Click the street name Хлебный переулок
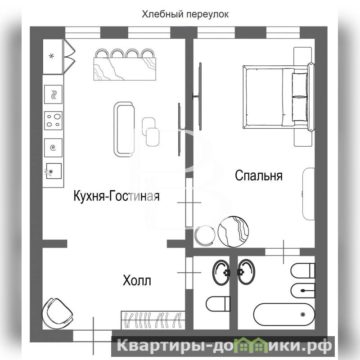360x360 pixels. [x=185, y=14]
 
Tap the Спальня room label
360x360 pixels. [x=258, y=175]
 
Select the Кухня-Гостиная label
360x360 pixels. [x=117, y=196]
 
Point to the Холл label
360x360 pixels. [x=137, y=280]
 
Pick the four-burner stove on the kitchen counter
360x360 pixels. [x=53, y=121]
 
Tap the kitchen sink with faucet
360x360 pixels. [x=53, y=171]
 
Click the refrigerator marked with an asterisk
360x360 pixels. [x=53, y=57]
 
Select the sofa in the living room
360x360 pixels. [x=124, y=130]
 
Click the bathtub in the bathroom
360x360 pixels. [x=284, y=314]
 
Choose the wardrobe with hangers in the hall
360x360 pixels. [x=153, y=320]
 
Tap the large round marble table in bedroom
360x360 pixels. [x=233, y=232]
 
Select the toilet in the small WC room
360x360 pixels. [x=218, y=304]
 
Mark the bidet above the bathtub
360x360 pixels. [x=303, y=291]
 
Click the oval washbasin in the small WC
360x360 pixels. [x=221, y=272]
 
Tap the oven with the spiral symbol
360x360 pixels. [x=53, y=148]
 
